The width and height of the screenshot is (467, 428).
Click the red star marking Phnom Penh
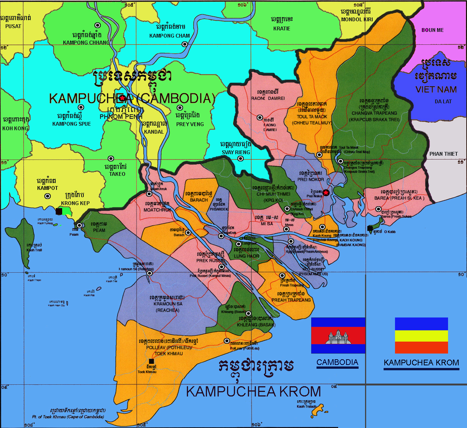click(122, 98)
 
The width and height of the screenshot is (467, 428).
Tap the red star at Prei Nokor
click(326, 193)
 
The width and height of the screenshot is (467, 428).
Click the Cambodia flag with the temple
click(338, 336)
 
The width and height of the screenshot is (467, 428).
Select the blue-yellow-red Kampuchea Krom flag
click(421, 336)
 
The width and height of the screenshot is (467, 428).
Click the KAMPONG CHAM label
click(169, 36)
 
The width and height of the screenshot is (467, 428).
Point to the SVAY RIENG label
click(236, 152)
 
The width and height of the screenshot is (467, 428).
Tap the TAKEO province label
click(117, 174)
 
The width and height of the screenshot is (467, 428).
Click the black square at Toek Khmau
click(152, 361)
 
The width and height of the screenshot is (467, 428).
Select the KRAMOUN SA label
click(168, 304)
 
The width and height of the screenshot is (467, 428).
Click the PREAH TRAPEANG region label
click(291, 300)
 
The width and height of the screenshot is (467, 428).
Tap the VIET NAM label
click(436, 90)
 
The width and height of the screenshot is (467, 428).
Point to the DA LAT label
click(443, 101)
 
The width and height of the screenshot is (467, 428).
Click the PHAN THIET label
click(443, 154)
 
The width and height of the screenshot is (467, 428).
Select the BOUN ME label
click(433, 30)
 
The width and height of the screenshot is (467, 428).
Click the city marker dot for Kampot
click(48, 196)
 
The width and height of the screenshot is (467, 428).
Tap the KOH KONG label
click(16, 128)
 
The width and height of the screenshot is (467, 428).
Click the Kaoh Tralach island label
click(306, 406)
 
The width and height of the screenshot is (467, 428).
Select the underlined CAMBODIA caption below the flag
click(337, 362)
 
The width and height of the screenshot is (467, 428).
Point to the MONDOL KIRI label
click(357, 19)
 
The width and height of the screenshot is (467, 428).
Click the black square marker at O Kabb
click(370, 228)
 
